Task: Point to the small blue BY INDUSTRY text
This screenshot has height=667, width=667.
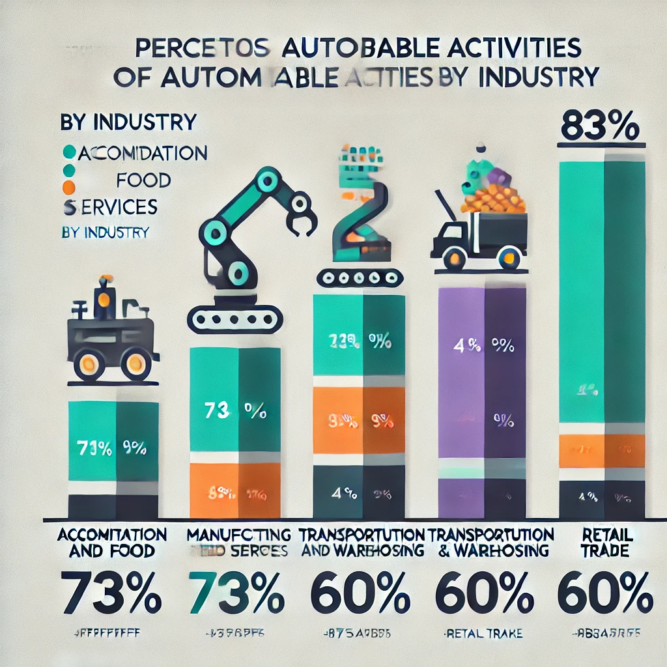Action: click(x=105, y=232)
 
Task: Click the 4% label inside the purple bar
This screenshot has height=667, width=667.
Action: click(x=461, y=347)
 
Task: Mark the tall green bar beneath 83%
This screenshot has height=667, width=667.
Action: click(x=602, y=293)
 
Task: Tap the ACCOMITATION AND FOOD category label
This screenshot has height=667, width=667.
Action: click(x=112, y=543)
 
